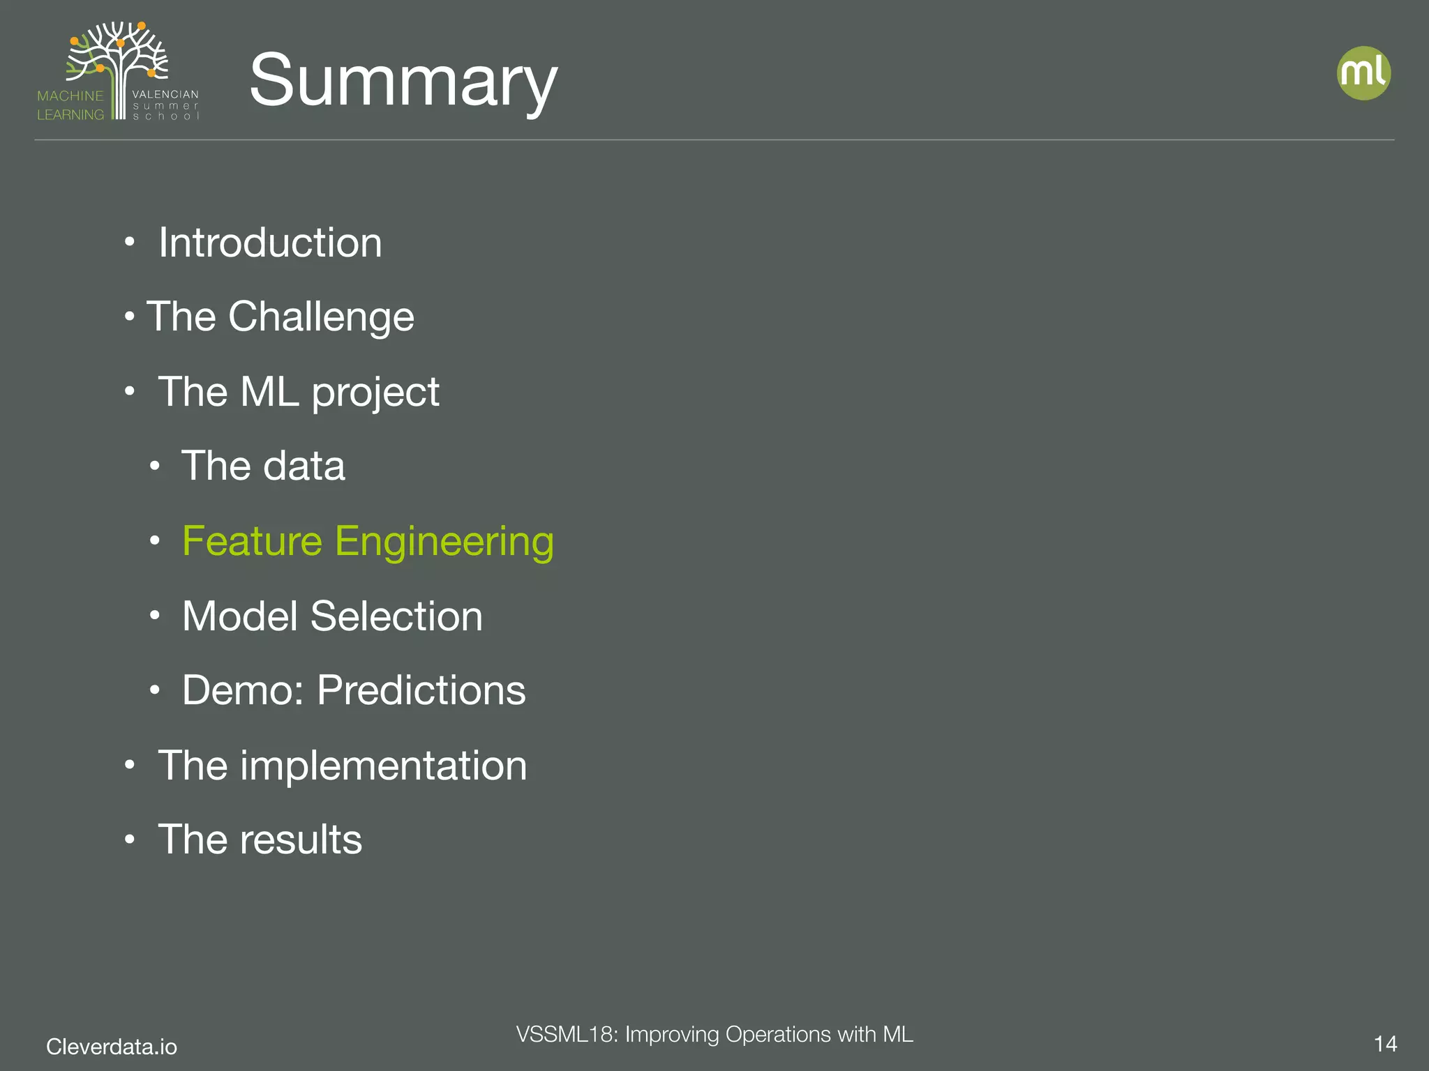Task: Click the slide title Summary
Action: (403, 80)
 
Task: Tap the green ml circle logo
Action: (1363, 73)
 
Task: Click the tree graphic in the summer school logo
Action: (119, 56)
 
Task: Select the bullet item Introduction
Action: (270, 243)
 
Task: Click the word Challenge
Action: (321, 317)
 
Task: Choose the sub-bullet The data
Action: (263, 466)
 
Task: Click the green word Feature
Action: (252, 541)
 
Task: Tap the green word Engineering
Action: (444, 542)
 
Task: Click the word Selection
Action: (396, 616)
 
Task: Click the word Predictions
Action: (421, 690)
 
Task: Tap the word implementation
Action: (383, 766)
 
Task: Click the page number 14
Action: (1384, 1044)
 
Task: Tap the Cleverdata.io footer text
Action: (112, 1046)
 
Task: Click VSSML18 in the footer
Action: (564, 1034)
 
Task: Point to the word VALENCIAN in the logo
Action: (165, 94)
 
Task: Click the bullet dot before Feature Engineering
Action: (155, 540)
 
